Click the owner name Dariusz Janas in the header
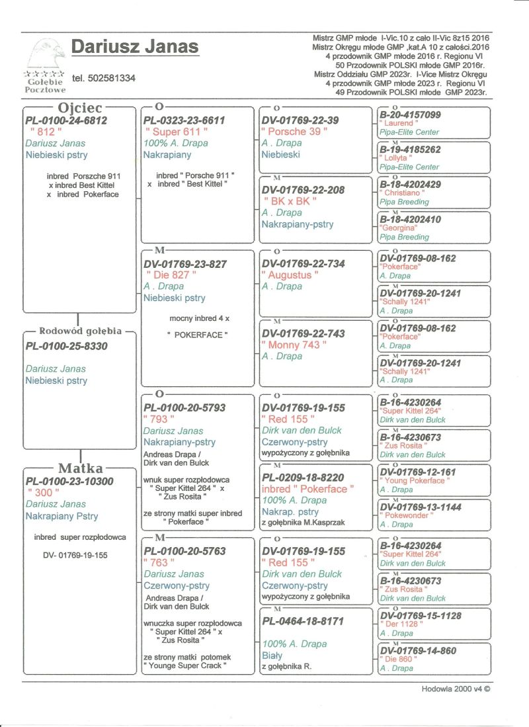pyautogui.click(x=135, y=47)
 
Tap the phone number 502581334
pyautogui.click(x=104, y=78)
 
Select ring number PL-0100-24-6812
pyautogui.click(x=65, y=120)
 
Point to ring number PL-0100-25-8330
pyautogui.click(x=66, y=346)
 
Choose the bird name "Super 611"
pyautogui.click(x=176, y=132)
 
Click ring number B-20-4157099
pyautogui.click(x=410, y=115)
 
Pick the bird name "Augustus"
pyautogui.click(x=290, y=275)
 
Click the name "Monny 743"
pyautogui.click(x=294, y=345)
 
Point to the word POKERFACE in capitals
pyautogui.click(x=198, y=335)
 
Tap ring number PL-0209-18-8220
pyautogui.click(x=303, y=477)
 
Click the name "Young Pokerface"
pyautogui.click(x=413, y=481)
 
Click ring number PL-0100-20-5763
pyautogui.click(x=184, y=550)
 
